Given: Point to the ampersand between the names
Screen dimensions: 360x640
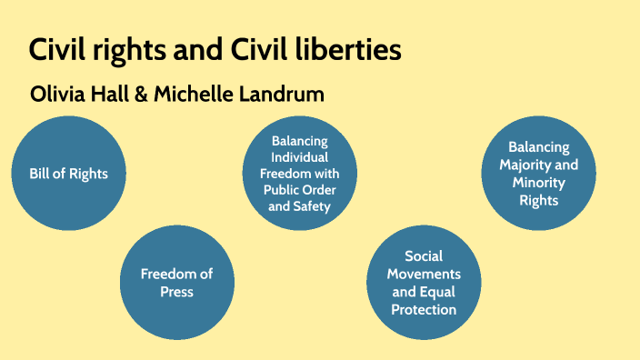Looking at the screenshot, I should (140, 95).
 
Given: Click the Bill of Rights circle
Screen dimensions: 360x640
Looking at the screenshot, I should (69, 173).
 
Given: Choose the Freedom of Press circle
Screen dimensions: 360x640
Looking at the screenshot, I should (175, 282).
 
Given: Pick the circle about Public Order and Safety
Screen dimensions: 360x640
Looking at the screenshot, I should (299, 173).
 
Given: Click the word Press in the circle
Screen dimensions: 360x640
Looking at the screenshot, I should (175, 292).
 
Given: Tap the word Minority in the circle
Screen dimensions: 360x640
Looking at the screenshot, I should (538, 182).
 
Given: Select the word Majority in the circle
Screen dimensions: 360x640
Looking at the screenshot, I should (553, 165).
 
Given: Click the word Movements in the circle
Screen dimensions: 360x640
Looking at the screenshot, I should (424, 274).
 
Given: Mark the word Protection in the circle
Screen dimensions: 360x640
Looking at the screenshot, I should (424, 309).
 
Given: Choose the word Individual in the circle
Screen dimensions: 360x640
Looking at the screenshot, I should (299, 156).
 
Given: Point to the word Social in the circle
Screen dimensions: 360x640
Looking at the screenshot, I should (424, 256).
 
